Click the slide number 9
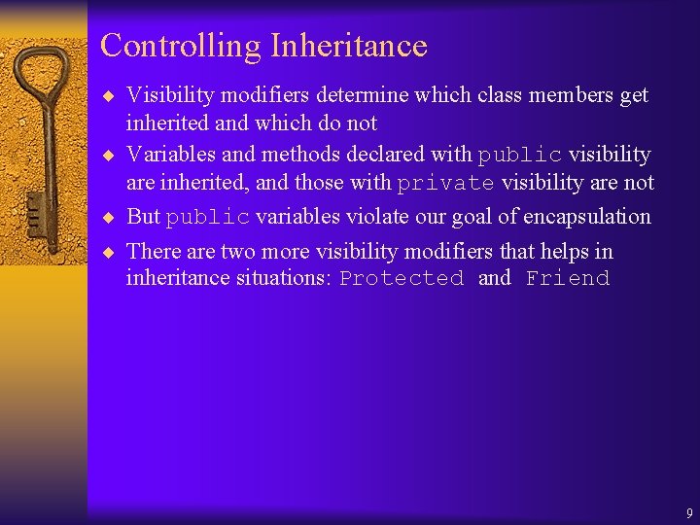click(689, 512)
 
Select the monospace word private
click(446, 183)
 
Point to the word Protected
click(402, 279)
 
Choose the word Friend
click(568, 279)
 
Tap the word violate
click(359, 217)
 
